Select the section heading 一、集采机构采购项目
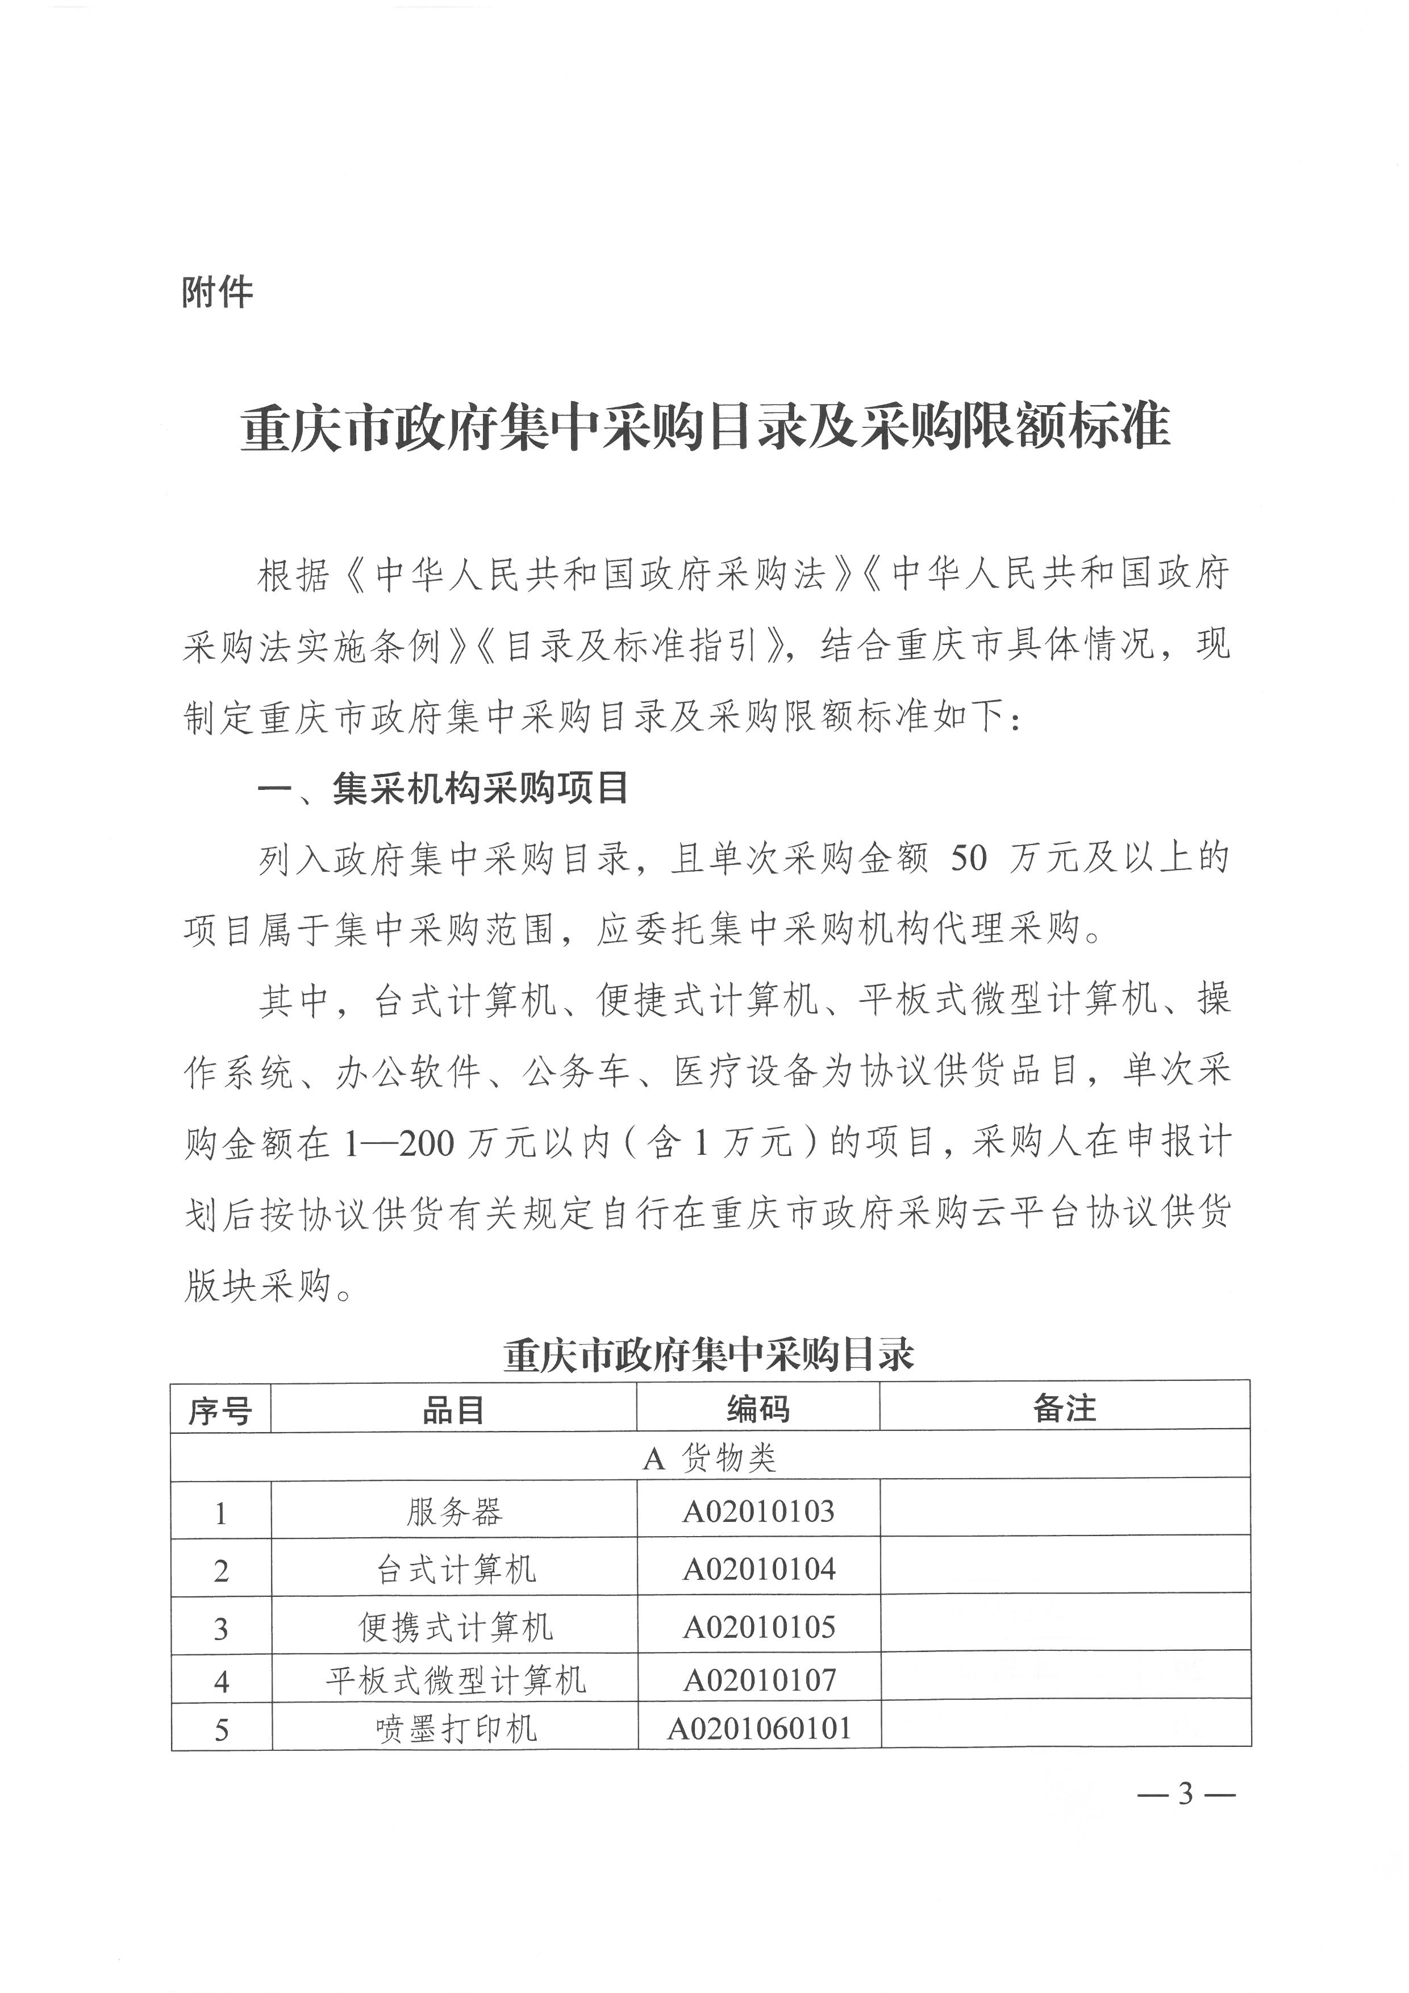click(443, 788)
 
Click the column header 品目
click(453, 1411)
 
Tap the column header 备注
click(1065, 1409)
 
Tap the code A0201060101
click(758, 1728)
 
